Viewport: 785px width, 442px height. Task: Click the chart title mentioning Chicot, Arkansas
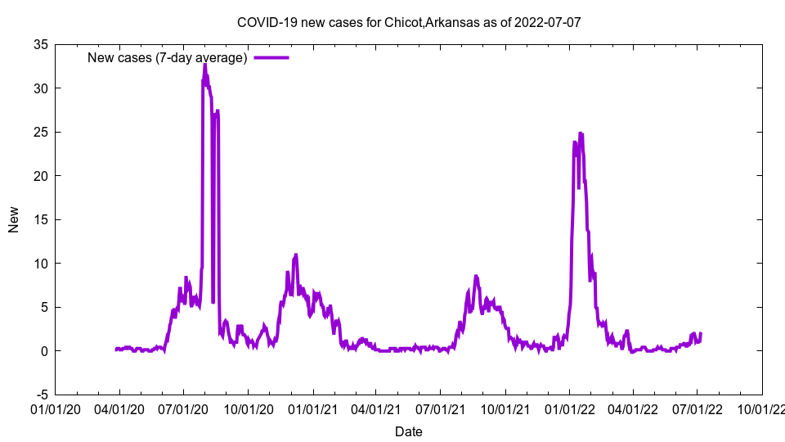tap(409, 22)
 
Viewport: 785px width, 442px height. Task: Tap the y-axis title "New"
tap(14, 219)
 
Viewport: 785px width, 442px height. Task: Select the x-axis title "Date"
tap(409, 431)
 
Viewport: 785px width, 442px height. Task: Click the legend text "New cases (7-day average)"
tap(168, 57)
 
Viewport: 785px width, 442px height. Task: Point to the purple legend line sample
tap(271, 57)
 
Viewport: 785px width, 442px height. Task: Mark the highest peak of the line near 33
tap(205, 65)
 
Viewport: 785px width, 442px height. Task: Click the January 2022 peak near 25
tap(581, 133)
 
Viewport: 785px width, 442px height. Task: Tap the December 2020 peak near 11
tap(296, 255)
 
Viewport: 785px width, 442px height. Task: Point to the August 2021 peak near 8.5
tap(476, 277)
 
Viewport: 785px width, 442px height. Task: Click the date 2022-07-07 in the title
tap(548, 22)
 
